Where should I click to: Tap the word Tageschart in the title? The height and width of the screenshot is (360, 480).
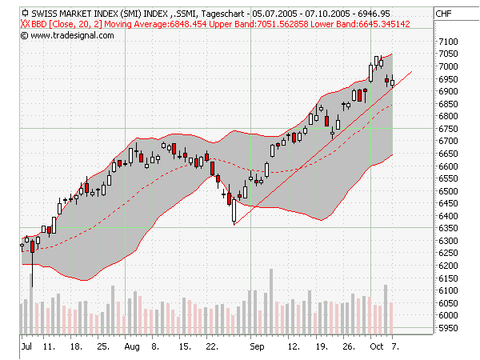(x=223, y=14)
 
